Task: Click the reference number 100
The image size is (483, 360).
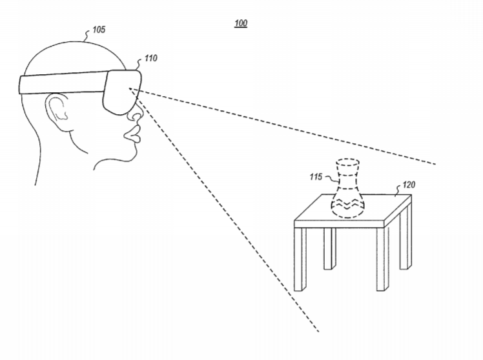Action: click(x=241, y=23)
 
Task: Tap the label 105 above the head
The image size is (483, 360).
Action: click(x=99, y=30)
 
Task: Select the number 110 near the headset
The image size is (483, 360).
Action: click(x=150, y=58)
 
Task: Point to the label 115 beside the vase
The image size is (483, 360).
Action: click(x=316, y=177)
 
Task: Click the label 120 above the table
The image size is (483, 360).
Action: click(x=409, y=185)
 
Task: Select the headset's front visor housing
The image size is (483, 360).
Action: click(x=121, y=92)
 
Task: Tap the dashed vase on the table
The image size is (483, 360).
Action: click(x=348, y=188)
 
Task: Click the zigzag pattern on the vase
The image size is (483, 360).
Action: click(x=347, y=205)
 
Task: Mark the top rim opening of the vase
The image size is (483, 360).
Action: click(x=347, y=163)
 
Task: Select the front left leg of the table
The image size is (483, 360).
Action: click(x=300, y=259)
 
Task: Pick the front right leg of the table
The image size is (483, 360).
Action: click(x=382, y=259)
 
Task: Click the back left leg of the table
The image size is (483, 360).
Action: click(x=329, y=248)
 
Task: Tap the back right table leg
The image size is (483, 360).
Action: click(x=406, y=236)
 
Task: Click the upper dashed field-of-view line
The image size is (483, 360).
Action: click(x=282, y=126)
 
